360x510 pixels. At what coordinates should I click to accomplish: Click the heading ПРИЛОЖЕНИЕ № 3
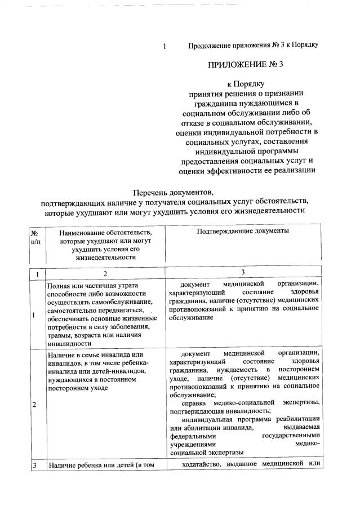(245, 64)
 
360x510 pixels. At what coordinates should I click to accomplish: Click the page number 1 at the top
(164, 46)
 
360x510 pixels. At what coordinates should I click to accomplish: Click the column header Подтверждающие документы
(243, 231)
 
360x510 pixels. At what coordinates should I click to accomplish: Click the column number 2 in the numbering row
(104, 274)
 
